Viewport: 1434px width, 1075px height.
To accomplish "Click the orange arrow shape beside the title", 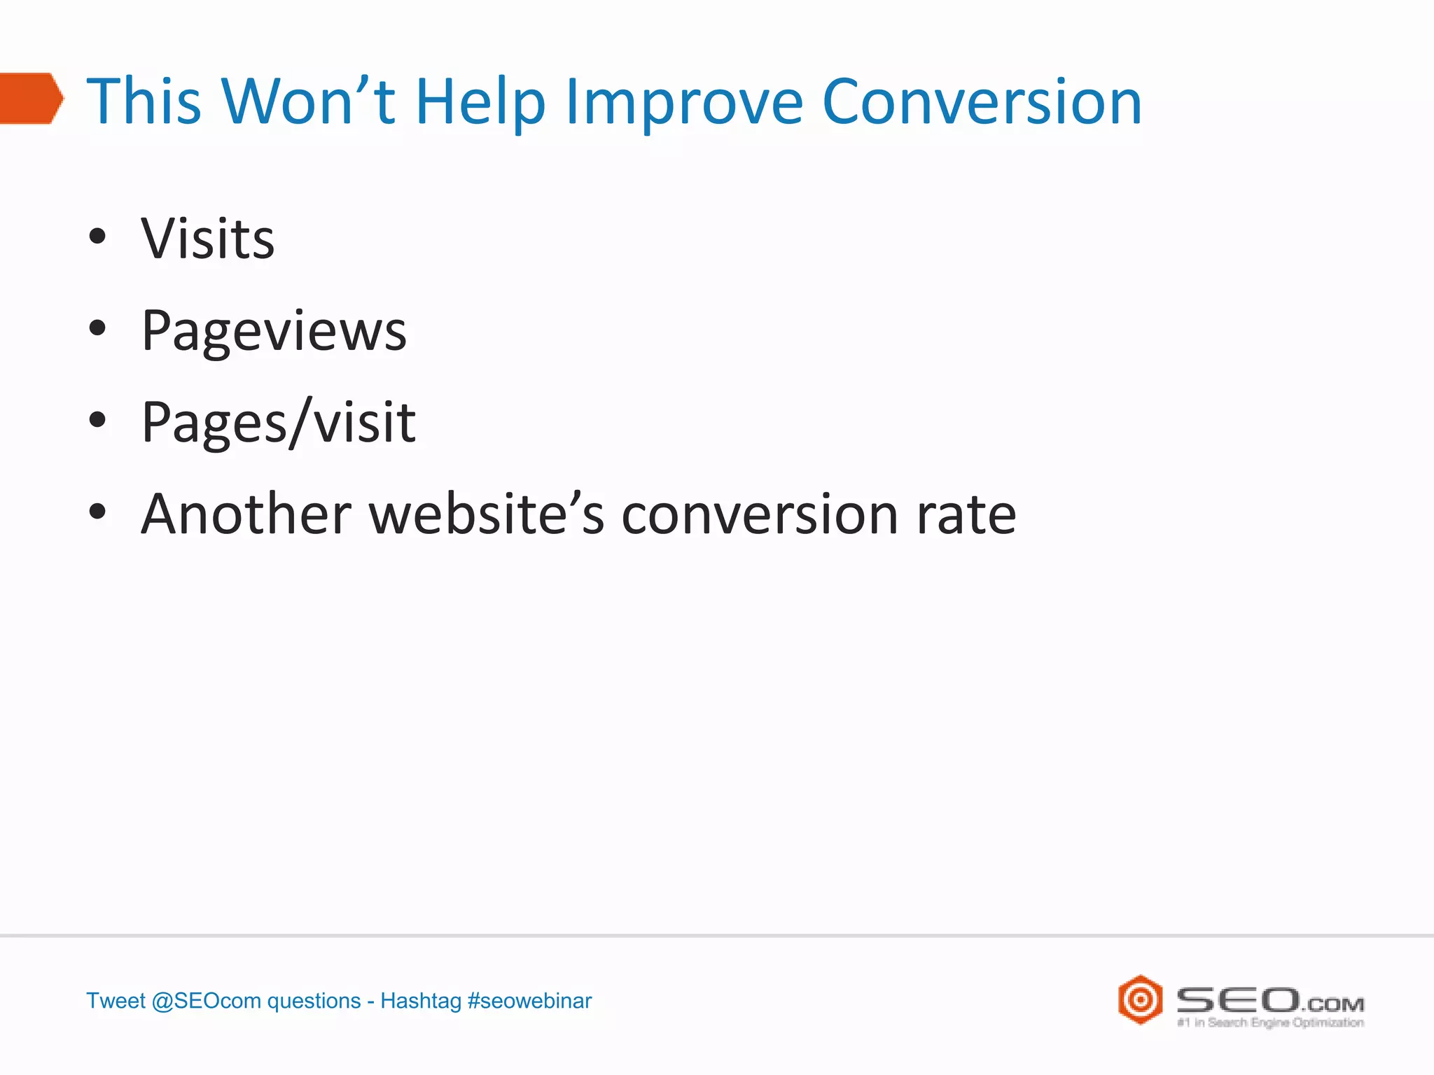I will coord(32,99).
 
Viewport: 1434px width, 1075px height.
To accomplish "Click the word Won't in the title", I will coord(309,102).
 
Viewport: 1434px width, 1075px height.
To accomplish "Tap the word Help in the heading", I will coord(480,104).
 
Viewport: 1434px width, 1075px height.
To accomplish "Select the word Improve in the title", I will coord(684,104).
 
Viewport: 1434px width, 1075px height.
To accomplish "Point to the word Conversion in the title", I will coord(982,102).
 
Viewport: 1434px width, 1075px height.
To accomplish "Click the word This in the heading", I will coord(144,102).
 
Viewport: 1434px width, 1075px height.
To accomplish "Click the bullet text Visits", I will coord(208,239).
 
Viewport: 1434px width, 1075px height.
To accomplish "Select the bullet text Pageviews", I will coord(274,331).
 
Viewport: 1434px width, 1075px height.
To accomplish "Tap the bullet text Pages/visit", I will coord(279,423).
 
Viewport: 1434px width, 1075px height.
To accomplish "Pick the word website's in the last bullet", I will coord(486,514).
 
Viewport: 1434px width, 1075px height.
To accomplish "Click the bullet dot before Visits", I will coord(98,237).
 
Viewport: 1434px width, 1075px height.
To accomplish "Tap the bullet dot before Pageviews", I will coord(98,328).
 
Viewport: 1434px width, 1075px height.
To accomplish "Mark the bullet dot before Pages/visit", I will coord(98,420).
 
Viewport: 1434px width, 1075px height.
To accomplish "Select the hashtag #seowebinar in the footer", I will coord(529,1001).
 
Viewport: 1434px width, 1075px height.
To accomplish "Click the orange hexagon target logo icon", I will coord(1140,999).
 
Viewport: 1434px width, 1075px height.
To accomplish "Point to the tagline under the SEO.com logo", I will coord(1270,1023).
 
